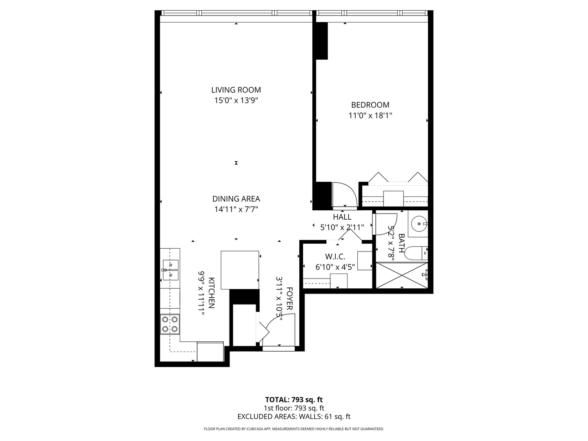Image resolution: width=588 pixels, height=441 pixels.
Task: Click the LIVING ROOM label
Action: [236, 90]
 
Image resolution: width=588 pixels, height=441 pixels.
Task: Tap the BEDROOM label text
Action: [370, 105]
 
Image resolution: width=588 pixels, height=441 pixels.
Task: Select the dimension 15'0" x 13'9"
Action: [236, 100]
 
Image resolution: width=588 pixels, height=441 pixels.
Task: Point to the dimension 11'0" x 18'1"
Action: [370, 116]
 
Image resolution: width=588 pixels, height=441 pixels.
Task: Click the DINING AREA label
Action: [236, 199]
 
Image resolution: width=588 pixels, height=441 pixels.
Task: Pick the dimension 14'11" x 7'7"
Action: [236, 209]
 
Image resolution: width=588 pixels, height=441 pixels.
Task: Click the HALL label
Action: [342, 217]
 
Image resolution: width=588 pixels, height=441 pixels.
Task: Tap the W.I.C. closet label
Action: [335, 257]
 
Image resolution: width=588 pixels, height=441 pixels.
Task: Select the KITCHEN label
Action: [212, 293]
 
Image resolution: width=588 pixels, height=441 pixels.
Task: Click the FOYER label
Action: [290, 299]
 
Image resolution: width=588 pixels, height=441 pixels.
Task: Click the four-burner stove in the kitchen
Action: [170, 324]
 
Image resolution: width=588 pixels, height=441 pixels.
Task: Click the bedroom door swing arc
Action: [345, 195]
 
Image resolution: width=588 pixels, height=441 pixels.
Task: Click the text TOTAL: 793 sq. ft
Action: [294, 399]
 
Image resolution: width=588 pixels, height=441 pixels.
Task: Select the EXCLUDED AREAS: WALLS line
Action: [294, 416]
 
